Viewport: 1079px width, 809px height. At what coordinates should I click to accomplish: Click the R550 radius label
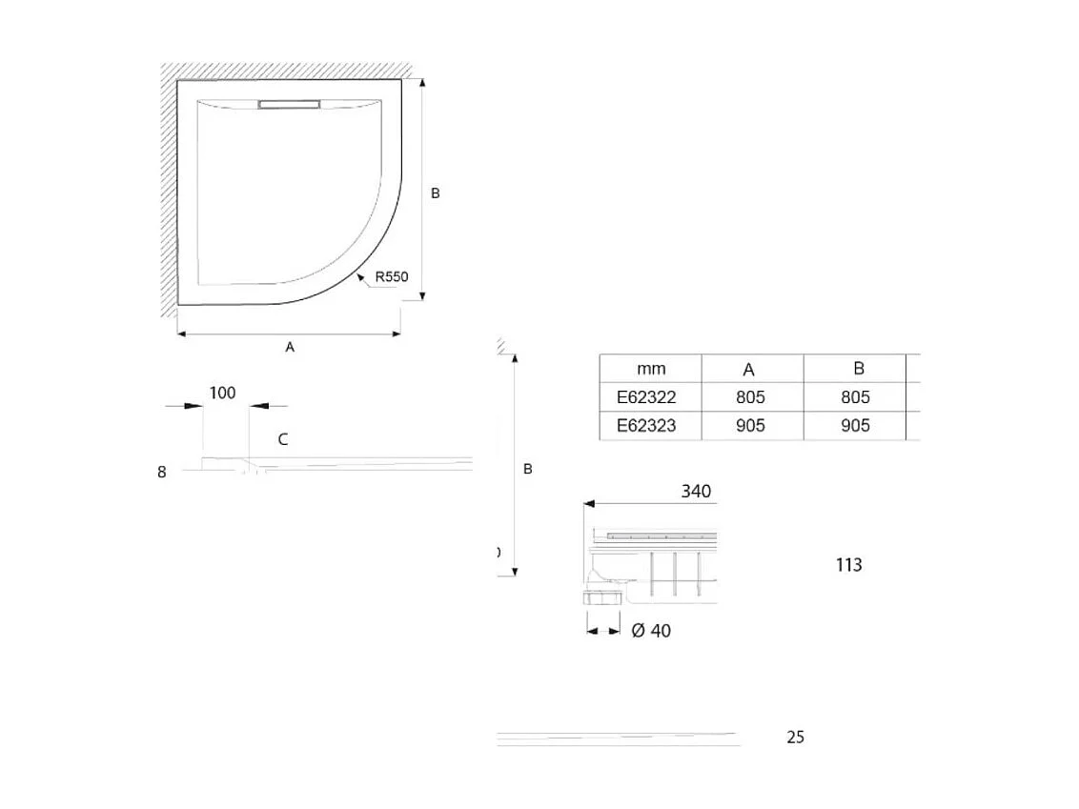(x=391, y=277)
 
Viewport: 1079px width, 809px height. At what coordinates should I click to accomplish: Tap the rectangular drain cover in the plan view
(x=290, y=105)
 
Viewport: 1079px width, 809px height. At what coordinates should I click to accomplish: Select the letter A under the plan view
(x=290, y=348)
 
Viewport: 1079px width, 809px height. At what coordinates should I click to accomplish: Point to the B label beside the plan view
(x=435, y=193)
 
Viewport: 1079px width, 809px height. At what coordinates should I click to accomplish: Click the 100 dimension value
(x=222, y=393)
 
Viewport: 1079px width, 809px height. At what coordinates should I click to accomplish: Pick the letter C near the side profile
(x=283, y=439)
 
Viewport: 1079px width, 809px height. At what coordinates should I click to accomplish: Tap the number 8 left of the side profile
(x=162, y=472)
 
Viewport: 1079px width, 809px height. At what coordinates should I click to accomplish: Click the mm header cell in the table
(x=651, y=369)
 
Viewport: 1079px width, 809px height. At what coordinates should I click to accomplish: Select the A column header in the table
(x=749, y=370)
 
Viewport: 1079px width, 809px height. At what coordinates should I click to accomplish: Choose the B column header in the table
(x=858, y=369)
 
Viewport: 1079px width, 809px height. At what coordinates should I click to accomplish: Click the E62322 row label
(x=646, y=397)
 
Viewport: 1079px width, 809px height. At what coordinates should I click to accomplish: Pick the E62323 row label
(x=646, y=425)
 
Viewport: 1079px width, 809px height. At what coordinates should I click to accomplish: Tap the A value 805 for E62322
(x=750, y=397)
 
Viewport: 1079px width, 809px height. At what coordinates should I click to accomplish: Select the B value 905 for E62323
(x=855, y=425)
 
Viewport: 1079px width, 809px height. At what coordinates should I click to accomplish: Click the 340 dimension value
(x=696, y=492)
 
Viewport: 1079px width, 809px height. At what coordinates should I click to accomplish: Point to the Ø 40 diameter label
(x=651, y=631)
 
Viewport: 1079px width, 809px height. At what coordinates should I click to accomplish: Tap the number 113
(x=848, y=565)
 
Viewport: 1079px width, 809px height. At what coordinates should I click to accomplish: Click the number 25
(x=796, y=737)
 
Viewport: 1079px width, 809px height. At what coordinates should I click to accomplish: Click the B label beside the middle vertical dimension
(x=528, y=469)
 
